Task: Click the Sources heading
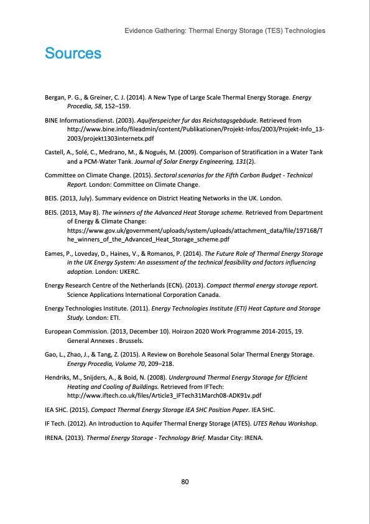coord(73,54)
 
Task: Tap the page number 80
coord(185,482)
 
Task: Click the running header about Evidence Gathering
coord(224,30)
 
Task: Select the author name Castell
coord(55,153)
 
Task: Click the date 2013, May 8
coord(78,212)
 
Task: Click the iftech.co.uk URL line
coord(163,395)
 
